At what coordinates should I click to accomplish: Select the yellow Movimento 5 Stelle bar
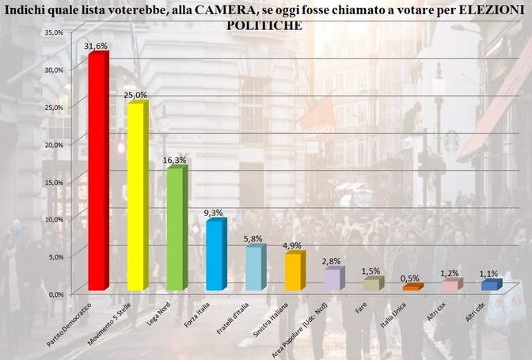pos(136,198)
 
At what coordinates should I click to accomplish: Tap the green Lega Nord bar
pos(175,229)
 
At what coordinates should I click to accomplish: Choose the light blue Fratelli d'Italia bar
pos(253,269)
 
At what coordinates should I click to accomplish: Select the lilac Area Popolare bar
pos(332,280)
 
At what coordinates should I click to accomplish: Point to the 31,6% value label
pos(96,47)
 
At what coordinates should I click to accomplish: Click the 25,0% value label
pos(135,95)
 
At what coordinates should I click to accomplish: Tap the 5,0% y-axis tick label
pos(54,256)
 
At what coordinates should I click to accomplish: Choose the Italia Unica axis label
pos(392,311)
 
